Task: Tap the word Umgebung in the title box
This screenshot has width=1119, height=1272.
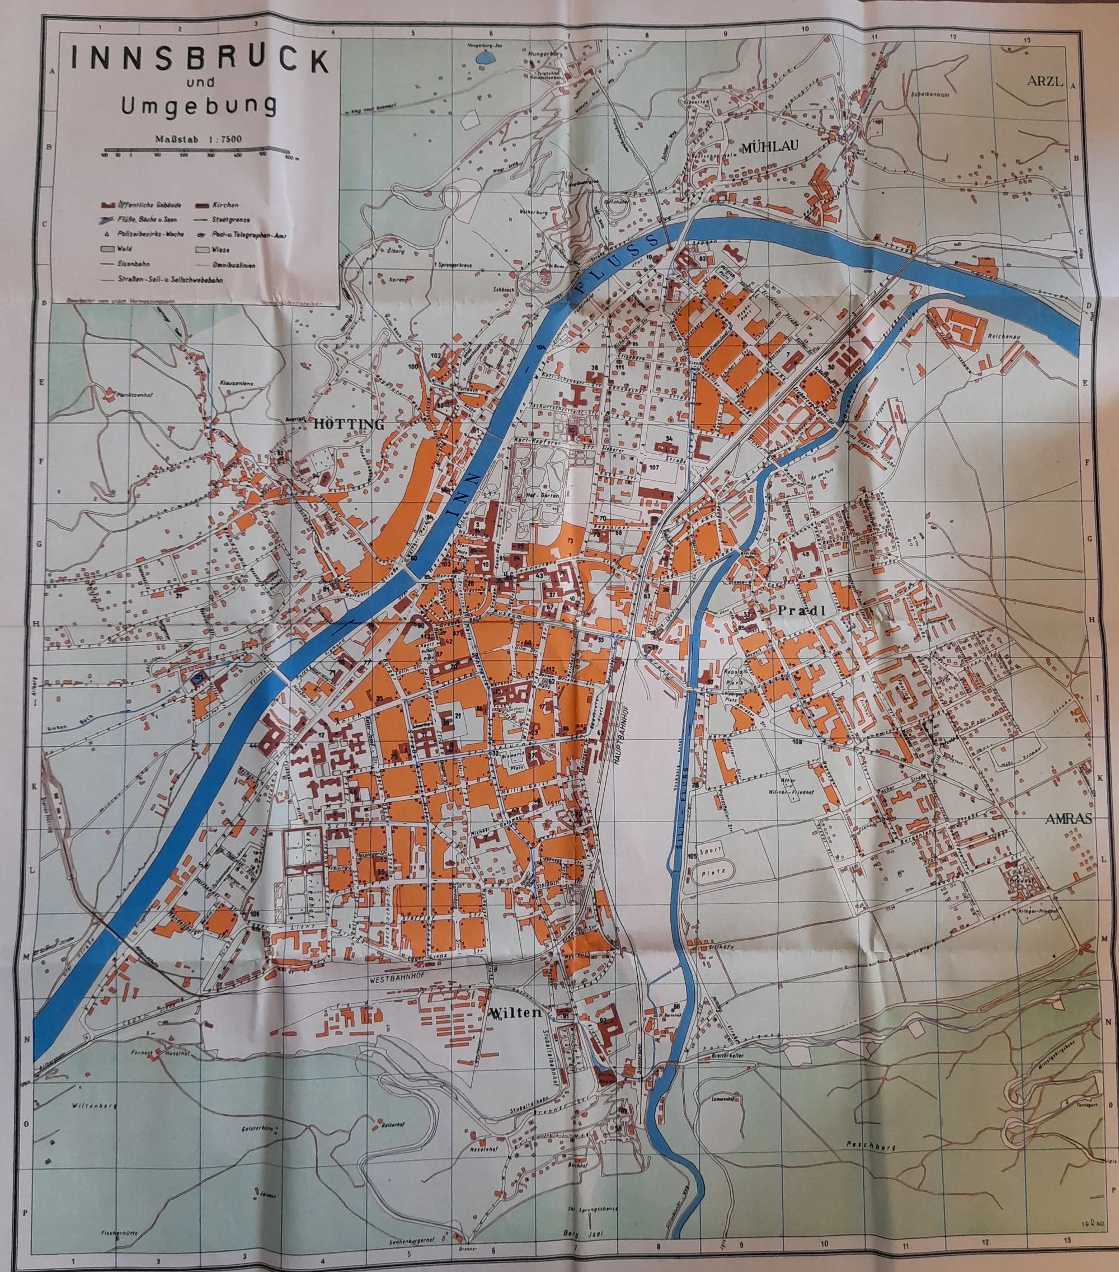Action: point(199,106)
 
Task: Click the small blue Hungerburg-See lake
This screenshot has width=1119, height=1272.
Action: point(483,57)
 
